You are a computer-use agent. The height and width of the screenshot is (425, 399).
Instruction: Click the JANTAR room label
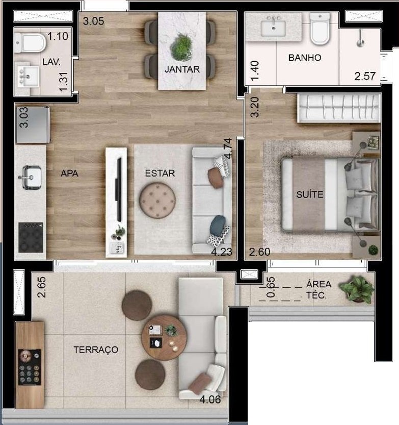182,69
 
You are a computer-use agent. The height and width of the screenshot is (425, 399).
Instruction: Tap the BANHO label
305,58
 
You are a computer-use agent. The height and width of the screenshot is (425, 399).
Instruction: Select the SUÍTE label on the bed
309,194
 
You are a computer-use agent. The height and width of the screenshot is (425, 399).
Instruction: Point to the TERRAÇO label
96,349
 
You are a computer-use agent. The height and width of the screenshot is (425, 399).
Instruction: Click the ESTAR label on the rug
159,173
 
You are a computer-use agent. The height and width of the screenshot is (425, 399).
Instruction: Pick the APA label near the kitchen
69,173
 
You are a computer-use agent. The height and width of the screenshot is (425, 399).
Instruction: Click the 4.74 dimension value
228,148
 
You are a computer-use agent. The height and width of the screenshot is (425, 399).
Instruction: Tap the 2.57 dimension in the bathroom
365,77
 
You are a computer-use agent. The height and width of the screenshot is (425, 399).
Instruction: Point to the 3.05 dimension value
94,21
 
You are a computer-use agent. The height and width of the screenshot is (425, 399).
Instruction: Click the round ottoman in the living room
157,201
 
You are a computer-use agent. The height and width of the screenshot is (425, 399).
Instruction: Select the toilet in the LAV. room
34,43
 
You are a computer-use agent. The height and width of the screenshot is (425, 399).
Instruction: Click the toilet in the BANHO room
320,30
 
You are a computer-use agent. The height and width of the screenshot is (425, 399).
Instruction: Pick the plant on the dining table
181,47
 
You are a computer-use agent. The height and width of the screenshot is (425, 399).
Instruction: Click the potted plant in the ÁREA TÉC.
358,289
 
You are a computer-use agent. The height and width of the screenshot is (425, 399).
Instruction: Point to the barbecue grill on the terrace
30,367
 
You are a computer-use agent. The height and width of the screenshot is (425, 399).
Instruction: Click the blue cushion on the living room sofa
218,225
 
